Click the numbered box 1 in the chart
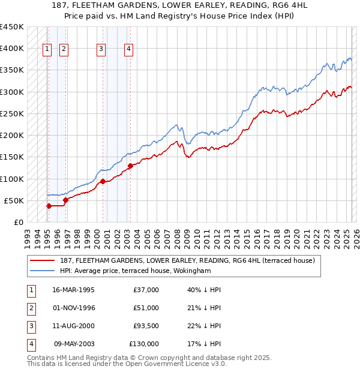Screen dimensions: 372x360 47,50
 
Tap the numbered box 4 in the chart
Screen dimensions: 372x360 129,50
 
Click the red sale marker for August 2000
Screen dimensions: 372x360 103,181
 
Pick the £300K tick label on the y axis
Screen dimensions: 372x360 12,92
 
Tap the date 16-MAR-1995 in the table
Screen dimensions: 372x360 73,290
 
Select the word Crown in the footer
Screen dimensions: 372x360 155,358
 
